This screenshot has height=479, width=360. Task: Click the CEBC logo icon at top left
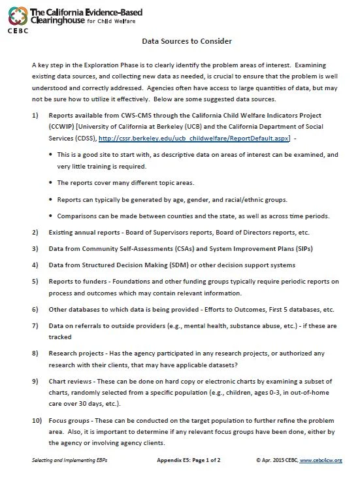pyautogui.click(x=15, y=14)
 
